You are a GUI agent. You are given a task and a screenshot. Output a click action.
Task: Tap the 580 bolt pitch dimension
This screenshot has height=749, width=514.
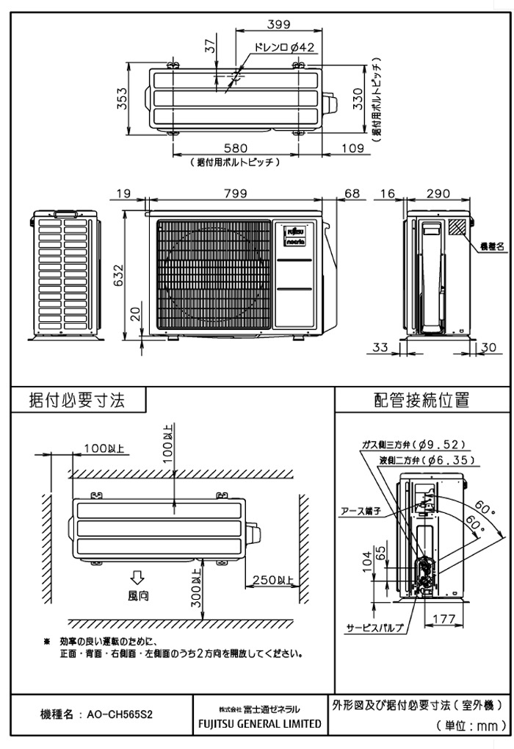[236, 148]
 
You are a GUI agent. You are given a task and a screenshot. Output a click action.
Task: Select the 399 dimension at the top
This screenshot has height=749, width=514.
[278, 25]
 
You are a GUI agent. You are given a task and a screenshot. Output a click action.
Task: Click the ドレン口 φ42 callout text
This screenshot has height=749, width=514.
[284, 48]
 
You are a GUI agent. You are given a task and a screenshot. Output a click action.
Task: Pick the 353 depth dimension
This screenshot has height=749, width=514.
[123, 98]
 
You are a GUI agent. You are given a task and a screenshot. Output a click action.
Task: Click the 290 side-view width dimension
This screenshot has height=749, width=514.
[438, 193]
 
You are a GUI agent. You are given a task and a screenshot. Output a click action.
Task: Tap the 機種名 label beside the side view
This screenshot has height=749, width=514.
[492, 247]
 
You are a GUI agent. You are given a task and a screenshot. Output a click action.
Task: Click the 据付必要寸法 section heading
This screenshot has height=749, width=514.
[76, 400]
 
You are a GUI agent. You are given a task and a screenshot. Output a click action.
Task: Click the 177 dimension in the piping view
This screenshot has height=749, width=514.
[442, 619]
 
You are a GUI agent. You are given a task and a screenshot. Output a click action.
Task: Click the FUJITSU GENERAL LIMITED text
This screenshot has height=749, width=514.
[260, 723]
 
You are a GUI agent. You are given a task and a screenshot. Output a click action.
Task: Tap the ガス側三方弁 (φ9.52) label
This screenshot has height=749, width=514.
[414, 445]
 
